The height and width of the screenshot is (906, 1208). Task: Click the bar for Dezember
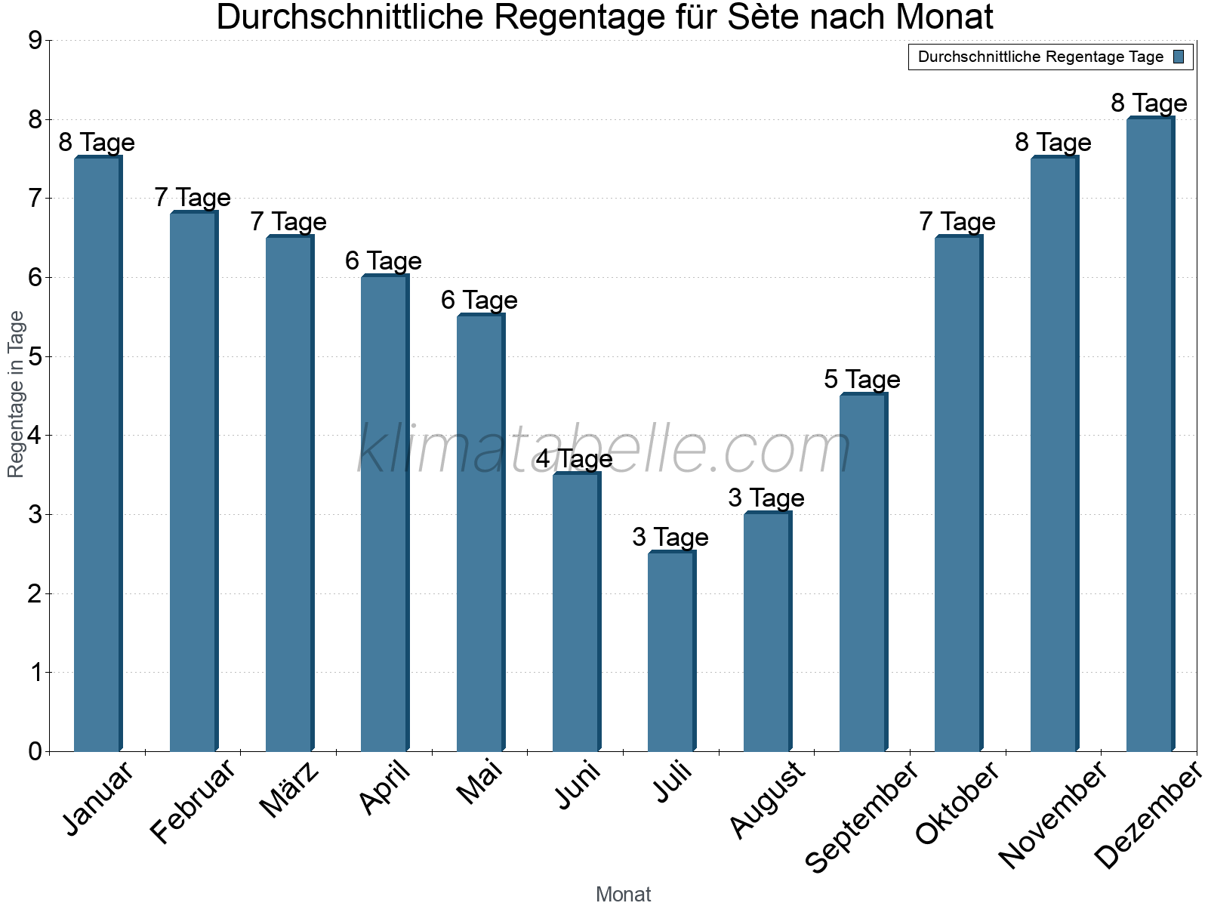[x=1149, y=434]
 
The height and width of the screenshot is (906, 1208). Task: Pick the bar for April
[x=384, y=513]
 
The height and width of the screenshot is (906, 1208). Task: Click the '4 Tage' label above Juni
[x=575, y=458]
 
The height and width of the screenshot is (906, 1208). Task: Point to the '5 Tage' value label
[x=861, y=379]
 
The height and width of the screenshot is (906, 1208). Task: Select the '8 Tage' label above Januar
[x=97, y=142]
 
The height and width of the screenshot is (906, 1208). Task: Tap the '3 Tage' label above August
[x=766, y=498]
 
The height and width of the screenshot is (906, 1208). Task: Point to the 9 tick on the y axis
[x=35, y=41]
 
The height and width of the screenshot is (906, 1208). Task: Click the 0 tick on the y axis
[x=35, y=751]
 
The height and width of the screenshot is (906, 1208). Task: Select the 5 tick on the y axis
[x=35, y=356]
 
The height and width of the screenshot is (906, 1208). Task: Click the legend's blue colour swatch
[x=1179, y=57]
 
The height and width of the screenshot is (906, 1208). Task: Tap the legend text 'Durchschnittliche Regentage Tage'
[x=1040, y=57]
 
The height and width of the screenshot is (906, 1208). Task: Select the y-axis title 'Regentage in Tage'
[x=17, y=394]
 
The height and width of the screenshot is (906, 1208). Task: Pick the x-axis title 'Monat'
[x=623, y=894]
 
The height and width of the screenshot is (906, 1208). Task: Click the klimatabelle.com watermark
[x=604, y=450]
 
